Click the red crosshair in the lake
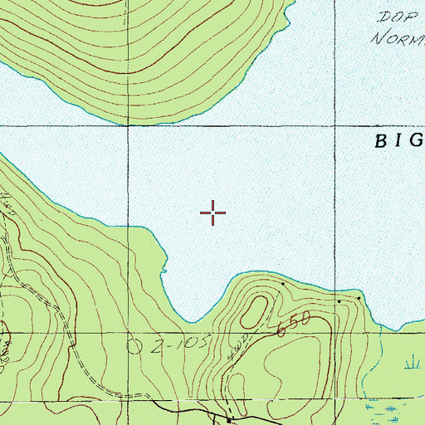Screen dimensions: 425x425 pyautogui.click(x=213, y=213)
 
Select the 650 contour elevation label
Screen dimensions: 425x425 pyautogui.click(x=294, y=322)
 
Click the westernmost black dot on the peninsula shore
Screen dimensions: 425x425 pyautogui.click(x=282, y=284)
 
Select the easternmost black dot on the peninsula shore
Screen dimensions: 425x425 pyautogui.click(x=359, y=297)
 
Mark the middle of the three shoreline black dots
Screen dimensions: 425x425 pyautogui.click(x=339, y=301)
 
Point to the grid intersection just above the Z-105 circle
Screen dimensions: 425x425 pyautogui.click(x=128, y=334)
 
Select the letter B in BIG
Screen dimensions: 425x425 pyautogui.click(x=380, y=140)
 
